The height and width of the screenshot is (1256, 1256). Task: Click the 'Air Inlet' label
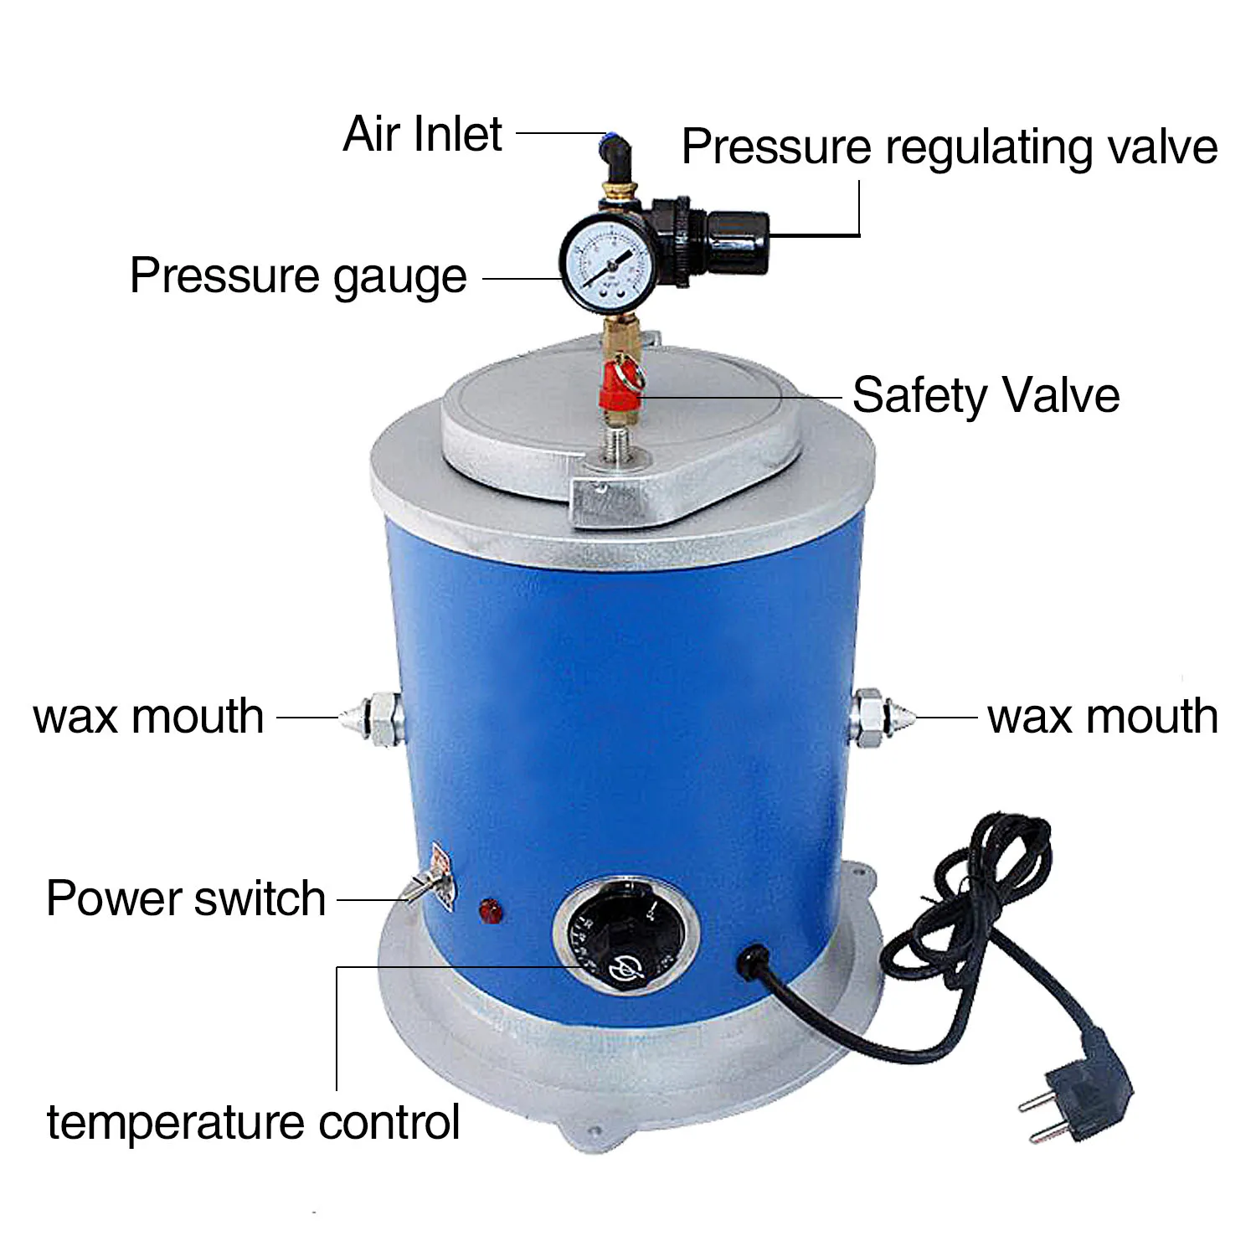point(423,134)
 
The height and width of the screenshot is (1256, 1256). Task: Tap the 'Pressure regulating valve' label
point(950,147)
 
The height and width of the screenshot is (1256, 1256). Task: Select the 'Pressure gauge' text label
point(298,277)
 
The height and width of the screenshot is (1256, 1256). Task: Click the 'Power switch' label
point(186,898)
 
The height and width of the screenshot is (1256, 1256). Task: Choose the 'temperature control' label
point(253,1122)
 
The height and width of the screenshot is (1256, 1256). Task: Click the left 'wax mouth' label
point(149,717)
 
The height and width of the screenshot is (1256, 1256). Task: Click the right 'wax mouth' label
point(1103,717)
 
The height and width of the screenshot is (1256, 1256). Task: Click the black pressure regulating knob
point(737,243)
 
